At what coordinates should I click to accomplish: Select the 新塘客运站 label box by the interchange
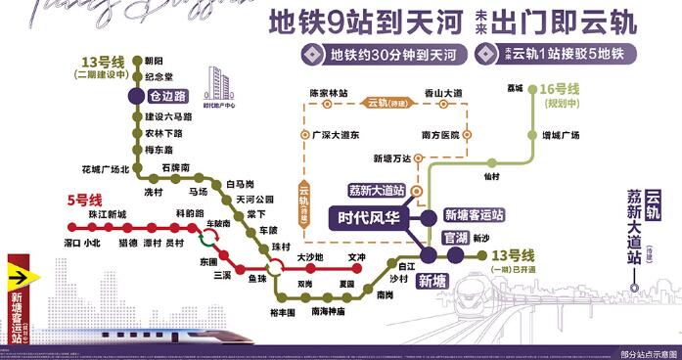(x=473, y=214)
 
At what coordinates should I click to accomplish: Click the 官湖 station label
(x=456, y=238)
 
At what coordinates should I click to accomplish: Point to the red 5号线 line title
(x=85, y=200)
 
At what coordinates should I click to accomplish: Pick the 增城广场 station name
(x=561, y=135)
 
